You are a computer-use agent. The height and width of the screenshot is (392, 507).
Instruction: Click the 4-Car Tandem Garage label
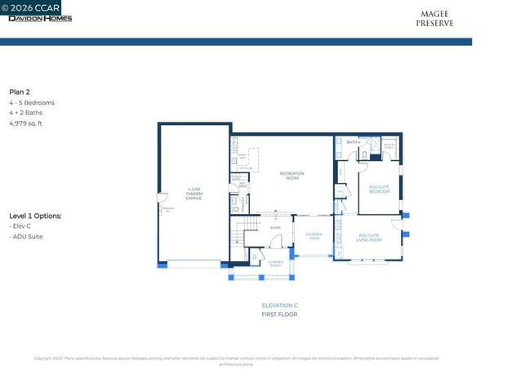coord(193,194)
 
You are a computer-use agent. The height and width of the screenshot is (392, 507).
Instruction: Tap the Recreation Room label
coord(291,174)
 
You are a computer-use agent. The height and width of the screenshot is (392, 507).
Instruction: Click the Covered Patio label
coord(314,236)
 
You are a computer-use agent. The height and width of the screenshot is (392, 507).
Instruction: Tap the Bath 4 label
coord(353,142)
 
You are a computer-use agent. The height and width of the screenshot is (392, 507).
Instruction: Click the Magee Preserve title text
coord(436,19)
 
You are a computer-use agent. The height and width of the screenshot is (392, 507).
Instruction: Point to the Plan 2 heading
coord(20,92)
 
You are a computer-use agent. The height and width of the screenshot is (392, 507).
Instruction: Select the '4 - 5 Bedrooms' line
coord(32,103)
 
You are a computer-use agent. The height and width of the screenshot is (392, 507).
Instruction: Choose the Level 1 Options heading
coord(35,216)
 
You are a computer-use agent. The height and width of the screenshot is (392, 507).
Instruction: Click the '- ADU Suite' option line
coord(26,237)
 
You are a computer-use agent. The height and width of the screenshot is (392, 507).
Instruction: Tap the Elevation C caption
coord(279,305)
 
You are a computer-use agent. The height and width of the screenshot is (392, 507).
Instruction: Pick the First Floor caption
coord(279,314)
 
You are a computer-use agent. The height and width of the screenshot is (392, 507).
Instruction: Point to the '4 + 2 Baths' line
coord(27,114)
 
